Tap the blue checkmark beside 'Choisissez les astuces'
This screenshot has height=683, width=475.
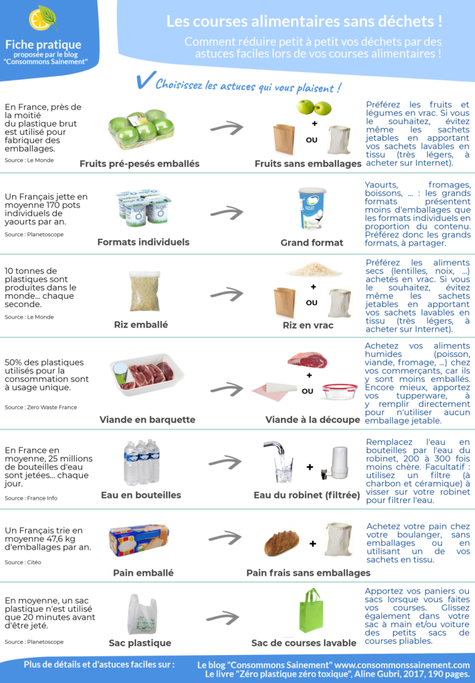click(145, 80)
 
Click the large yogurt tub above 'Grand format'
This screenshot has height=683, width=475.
click(312, 209)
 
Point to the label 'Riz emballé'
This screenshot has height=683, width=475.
click(141, 325)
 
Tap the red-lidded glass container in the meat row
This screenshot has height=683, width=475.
click(340, 391)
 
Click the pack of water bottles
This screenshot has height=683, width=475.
click(141, 463)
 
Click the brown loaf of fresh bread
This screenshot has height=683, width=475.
click(282, 543)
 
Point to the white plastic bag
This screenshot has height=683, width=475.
click(142, 614)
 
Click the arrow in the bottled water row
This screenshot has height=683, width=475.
click(225, 462)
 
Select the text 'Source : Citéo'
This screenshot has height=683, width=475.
click(23, 562)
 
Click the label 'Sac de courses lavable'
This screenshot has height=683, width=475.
click(304, 643)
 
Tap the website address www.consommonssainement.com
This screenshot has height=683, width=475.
click(402, 665)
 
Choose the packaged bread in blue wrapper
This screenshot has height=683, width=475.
click(139, 540)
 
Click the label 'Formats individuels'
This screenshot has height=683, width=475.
click(143, 242)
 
